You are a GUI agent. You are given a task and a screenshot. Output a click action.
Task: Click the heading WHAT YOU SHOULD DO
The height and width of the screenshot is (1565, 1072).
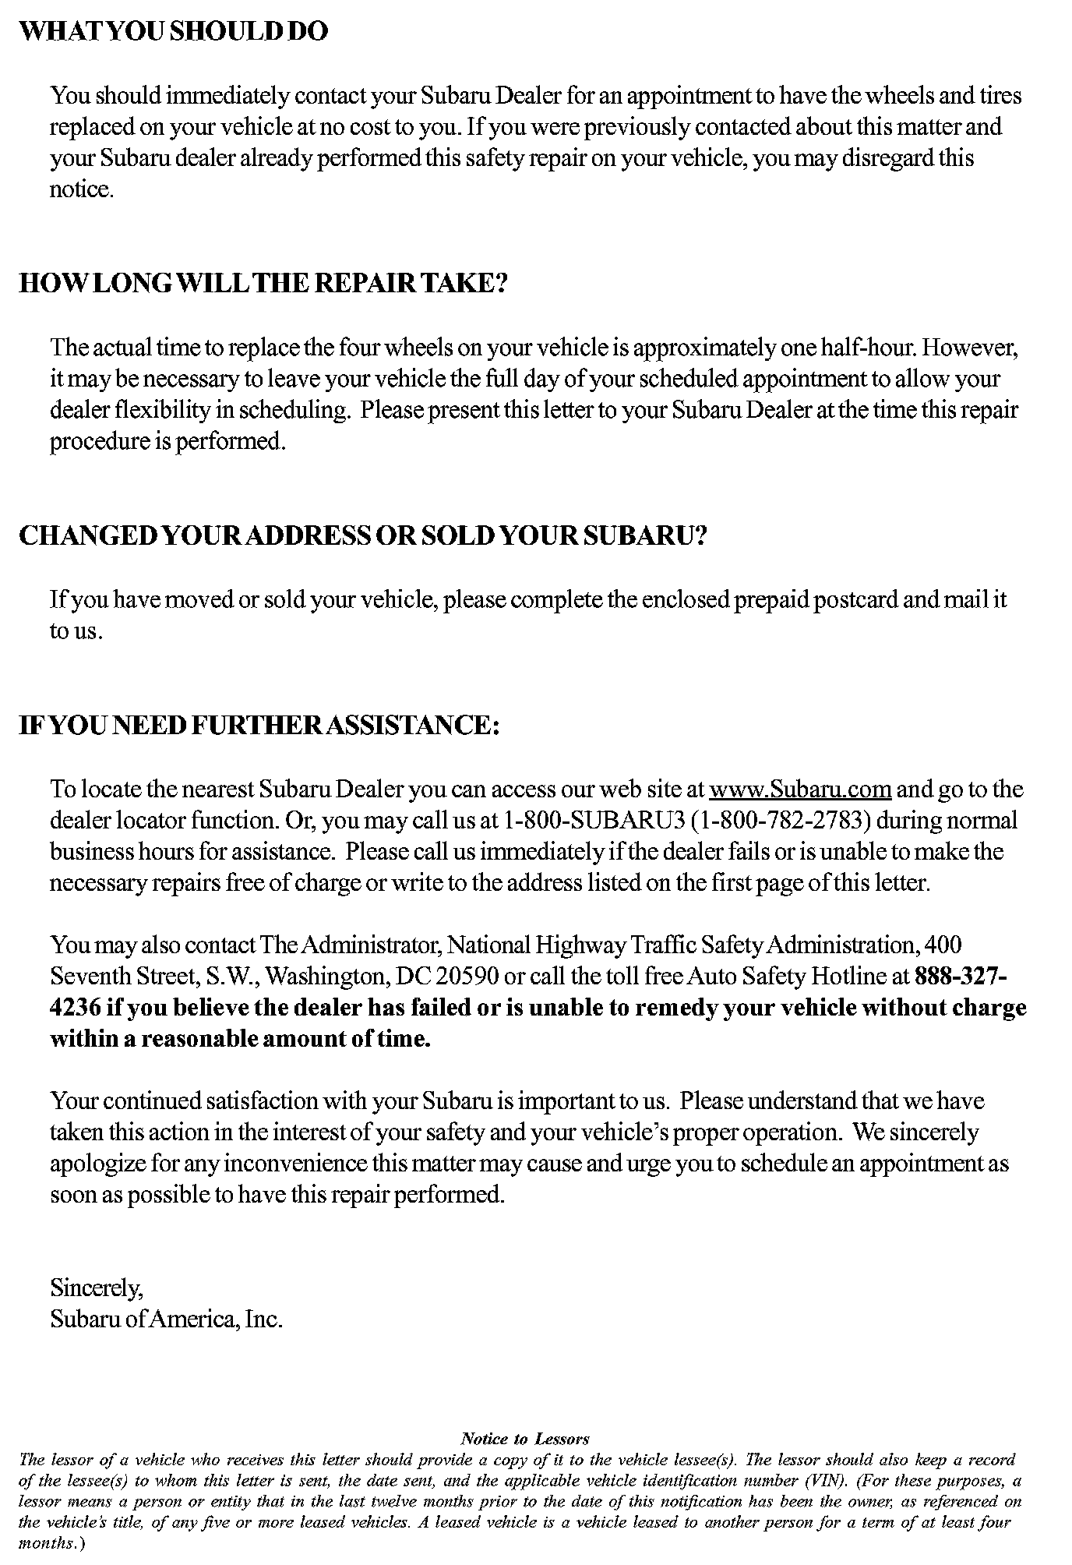173,32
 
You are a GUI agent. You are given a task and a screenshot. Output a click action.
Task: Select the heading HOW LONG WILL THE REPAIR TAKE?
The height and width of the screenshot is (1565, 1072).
263,283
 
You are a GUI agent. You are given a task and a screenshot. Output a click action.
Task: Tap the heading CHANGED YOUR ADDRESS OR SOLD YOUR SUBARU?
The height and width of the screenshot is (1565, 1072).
361,536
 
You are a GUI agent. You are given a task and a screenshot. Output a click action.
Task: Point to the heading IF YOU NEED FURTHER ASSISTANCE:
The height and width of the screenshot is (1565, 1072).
258,726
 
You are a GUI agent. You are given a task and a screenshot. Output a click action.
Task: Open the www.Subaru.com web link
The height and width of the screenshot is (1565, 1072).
800,790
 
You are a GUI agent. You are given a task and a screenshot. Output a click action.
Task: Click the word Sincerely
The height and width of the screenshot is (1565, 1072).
96,1288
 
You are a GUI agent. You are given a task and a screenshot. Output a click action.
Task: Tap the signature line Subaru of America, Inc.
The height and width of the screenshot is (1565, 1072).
166,1319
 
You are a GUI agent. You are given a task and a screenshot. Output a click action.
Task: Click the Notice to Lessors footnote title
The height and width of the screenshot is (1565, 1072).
525,1439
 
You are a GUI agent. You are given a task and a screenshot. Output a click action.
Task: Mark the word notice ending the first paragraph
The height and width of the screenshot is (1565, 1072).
81,190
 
